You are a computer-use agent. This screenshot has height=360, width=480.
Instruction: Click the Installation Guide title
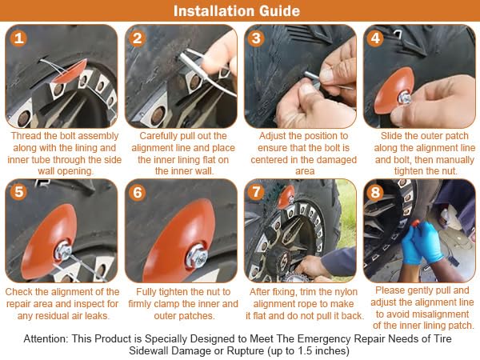click(x=237, y=10)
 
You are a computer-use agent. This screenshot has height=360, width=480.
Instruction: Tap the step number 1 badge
click(x=18, y=38)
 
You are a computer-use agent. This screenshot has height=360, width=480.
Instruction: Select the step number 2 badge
click(x=138, y=38)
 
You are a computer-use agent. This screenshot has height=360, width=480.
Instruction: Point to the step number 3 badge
click(x=256, y=38)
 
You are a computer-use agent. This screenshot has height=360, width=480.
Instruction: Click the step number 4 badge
click(x=375, y=38)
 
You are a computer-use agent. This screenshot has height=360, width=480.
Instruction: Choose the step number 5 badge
click(x=18, y=192)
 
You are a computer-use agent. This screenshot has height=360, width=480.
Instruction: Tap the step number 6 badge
click(x=138, y=193)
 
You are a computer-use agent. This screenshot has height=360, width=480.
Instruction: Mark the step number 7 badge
click(x=256, y=192)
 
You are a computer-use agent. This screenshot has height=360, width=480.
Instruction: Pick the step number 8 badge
click(x=375, y=192)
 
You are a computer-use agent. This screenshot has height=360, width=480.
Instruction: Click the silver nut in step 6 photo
click(x=197, y=256)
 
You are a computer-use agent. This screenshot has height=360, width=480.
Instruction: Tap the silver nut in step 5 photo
click(x=63, y=250)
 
